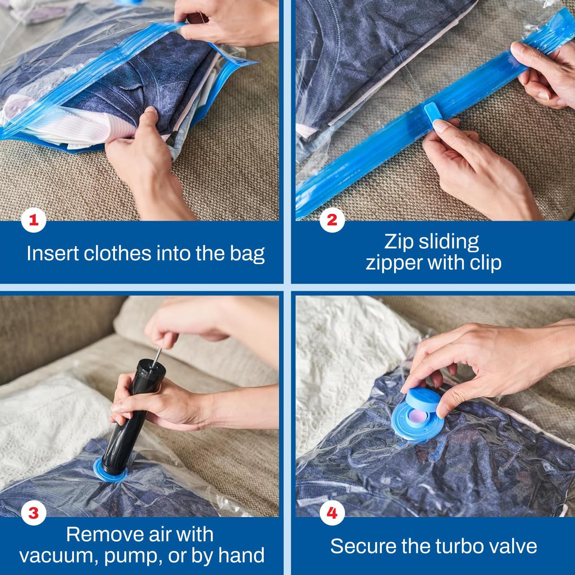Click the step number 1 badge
(34, 220)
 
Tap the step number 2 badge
(332, 220)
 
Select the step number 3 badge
(34, 513)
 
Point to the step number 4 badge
(332, 513)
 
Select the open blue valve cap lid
(423, 399)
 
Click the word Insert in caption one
(53, 253)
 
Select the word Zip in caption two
(399, 242)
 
